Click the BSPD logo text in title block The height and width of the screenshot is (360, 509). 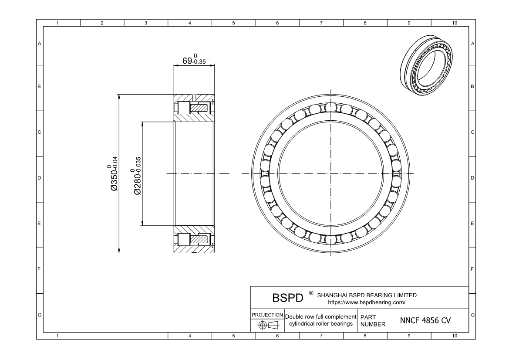[287, 298]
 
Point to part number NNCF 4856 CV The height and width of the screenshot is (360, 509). [425, 321]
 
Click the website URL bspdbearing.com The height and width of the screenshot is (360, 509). [366, 302]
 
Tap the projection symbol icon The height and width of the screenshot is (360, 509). [267, 325]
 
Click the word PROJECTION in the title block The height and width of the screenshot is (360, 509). [267, 315]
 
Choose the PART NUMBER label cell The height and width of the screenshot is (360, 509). [373, 321]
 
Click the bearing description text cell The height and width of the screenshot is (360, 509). [320, 320]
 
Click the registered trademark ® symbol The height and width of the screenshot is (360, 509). [311, 293]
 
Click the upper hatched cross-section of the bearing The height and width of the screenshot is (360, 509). [194, 108]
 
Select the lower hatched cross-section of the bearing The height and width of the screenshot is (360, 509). [194, 239]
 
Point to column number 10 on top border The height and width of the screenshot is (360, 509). [454, 23]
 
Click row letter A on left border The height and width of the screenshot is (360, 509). [40, 43]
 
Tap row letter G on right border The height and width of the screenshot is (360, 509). [472, 315]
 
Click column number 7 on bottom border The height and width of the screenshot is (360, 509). [321, 336]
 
